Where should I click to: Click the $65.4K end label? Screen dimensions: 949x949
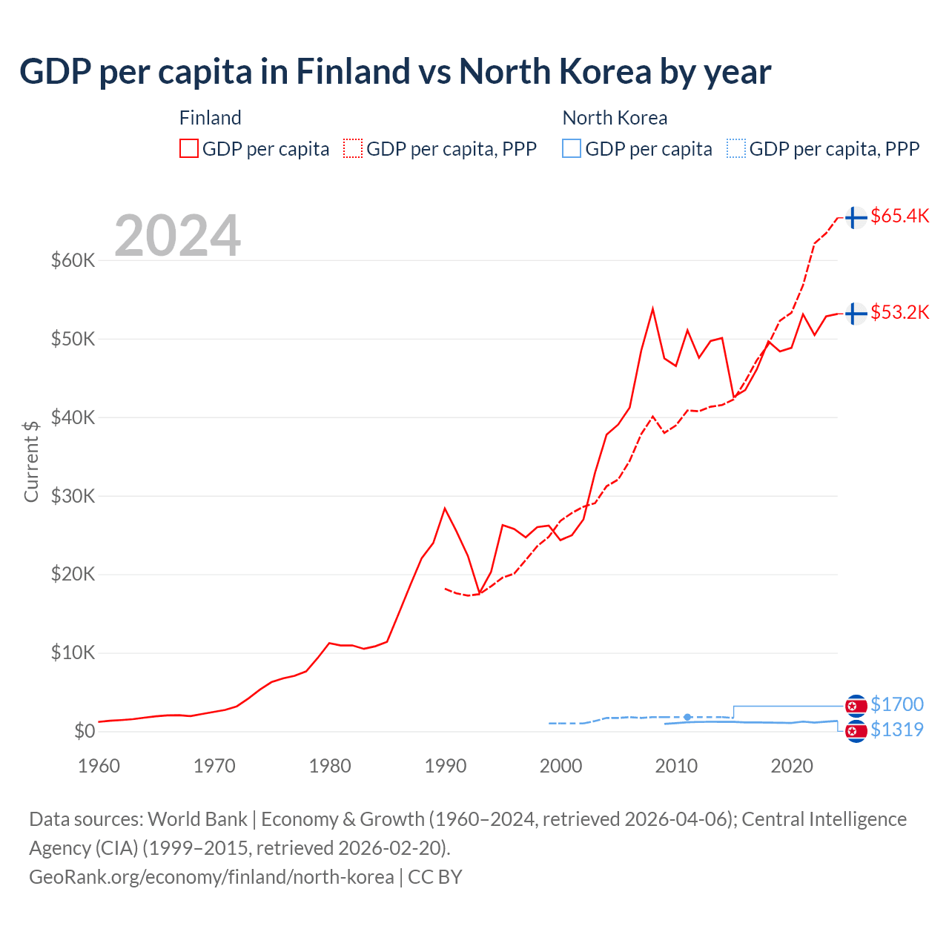899,216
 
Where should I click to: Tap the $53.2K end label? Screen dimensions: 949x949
899,312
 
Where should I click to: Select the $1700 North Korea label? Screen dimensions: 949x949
896,704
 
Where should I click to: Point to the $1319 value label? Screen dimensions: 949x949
896,730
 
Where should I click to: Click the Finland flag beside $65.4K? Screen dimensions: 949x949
856,217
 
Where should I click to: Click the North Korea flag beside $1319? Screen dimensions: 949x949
856,732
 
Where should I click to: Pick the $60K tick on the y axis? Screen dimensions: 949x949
73,260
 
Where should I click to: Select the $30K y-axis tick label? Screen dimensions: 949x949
73,496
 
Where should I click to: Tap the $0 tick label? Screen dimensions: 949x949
84,731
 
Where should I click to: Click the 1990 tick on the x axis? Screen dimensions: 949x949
446,766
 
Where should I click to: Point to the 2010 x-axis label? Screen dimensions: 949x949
676,766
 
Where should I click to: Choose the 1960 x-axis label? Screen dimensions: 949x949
99,766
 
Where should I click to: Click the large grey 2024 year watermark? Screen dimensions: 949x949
178,236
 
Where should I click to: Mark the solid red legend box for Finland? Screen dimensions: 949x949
189,149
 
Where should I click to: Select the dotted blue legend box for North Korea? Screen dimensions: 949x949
736,149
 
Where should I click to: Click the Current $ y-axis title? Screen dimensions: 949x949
31,461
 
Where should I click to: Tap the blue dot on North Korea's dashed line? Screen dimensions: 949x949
687,717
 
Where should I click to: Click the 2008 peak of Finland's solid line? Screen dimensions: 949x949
652,309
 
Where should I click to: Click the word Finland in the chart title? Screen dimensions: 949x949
353,72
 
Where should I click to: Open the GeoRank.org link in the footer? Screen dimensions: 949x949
211,877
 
